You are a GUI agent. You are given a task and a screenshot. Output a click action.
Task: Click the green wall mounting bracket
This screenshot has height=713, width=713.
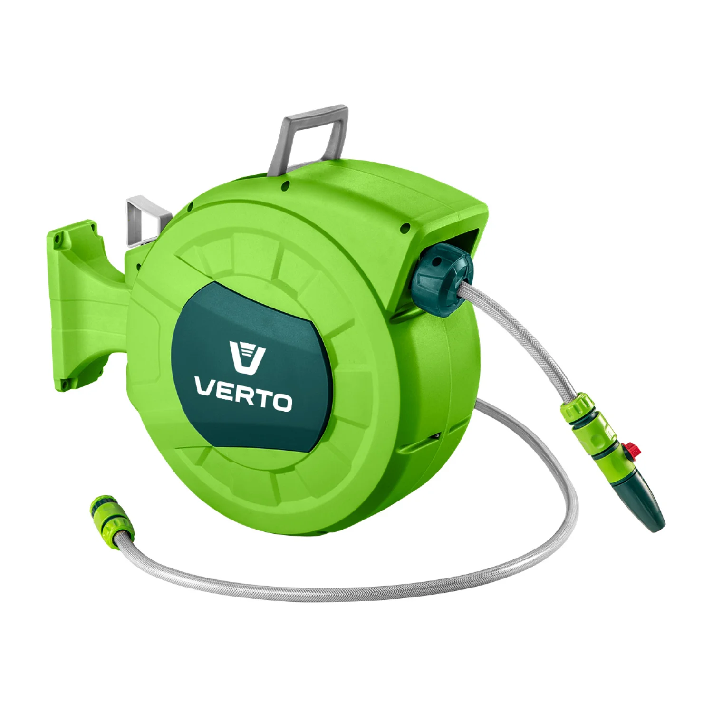(x=88, y=304)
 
